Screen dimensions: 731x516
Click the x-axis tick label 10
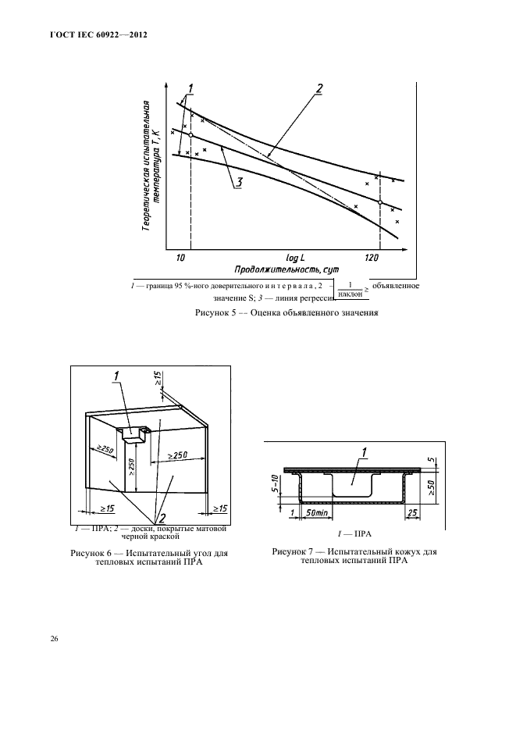180,257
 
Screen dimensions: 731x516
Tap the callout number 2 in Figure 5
318,87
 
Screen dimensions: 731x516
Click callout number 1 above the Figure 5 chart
190,86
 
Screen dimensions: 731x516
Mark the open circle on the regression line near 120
380,202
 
